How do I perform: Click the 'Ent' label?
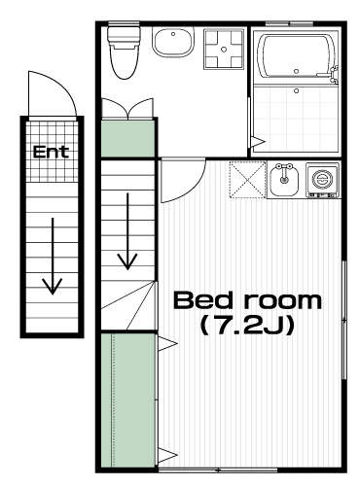click(x=51, y=152)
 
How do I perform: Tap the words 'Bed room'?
click(x=247, y=300)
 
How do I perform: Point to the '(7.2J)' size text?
click(x=247, y=326)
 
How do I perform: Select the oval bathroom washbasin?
click(x=172, y=42)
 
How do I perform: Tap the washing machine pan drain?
click(x=224, y=50)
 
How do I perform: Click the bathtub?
click(x=296, y=55)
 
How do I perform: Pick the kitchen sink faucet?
click(x=284, y=173)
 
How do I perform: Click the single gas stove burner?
click(x=322, y=179)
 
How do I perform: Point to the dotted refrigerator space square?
click(x=248, y=180)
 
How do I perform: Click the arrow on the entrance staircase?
click(x=53, y=256)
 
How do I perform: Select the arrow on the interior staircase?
click(x=127, y=231)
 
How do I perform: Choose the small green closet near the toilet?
click(x=127, y=139)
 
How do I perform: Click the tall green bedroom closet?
click(x=127, y=400)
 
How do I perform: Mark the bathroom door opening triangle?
click(x=258, y=142)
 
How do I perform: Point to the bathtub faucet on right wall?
click(x=334, y=73)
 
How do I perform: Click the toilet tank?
click(x=124, y=35)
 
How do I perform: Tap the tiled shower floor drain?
click(x=296, y=91)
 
